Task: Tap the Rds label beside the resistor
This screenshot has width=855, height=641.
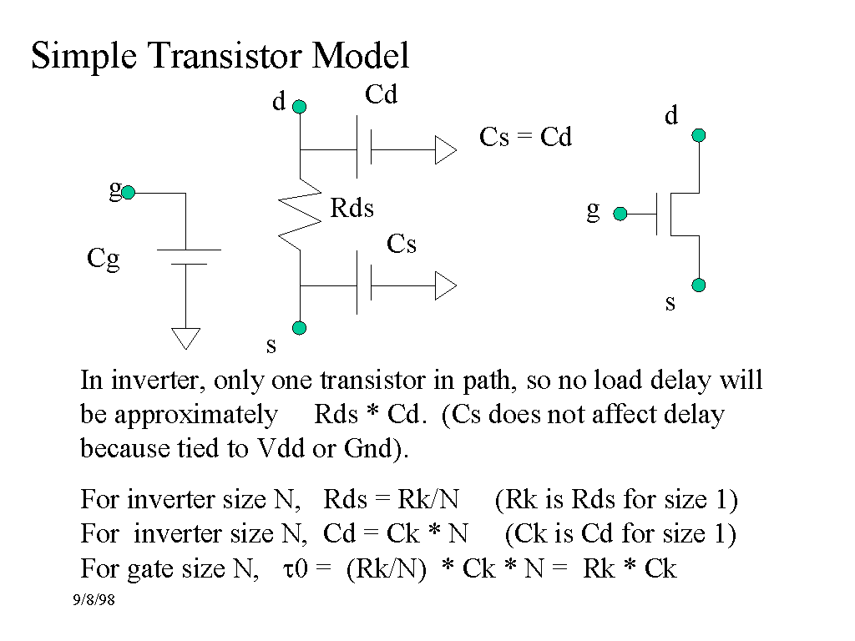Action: (352, 209)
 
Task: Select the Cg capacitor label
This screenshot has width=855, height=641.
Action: (104, 260)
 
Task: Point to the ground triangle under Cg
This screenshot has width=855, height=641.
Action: (185, 337)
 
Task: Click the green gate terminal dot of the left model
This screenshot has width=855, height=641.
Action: (129, 194)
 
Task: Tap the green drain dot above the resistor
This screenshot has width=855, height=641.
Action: (300, 107)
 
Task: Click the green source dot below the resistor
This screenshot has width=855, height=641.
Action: (300, 327)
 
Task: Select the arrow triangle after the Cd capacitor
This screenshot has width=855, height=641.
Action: (445, 150)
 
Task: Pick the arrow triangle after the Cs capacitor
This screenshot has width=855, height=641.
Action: (445, 286)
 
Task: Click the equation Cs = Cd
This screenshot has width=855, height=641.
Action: (525, 137)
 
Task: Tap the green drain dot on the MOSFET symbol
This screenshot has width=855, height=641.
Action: (699, 135)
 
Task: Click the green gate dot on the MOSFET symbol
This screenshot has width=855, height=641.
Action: (620, 214)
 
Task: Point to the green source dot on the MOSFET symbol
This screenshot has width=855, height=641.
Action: (699, 285)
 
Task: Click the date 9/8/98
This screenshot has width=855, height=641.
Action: (93, 600)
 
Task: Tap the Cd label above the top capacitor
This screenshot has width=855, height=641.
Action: (382, 95)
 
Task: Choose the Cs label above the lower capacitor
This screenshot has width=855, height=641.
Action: (402, 244)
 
